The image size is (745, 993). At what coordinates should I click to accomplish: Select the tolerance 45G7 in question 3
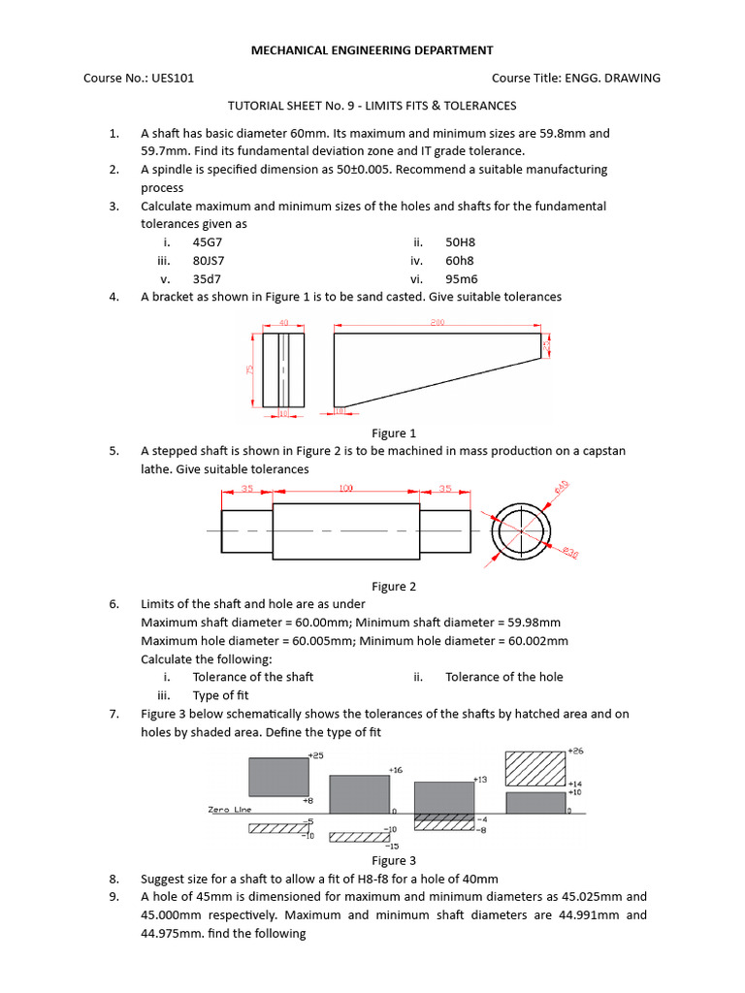[209, 242]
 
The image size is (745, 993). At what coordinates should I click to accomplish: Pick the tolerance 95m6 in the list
[460, 278]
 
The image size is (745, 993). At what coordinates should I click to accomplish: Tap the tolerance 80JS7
[210, 261]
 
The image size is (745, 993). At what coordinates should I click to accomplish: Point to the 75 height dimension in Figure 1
[248, 369]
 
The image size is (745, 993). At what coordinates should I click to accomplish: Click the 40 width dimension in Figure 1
[283, 323]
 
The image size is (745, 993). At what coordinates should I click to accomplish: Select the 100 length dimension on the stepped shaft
[345, 489]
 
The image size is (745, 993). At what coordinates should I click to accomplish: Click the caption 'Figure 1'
[394, 433]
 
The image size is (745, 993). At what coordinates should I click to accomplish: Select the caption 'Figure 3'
[394, 860]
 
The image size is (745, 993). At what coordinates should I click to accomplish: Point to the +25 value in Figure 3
[314, 754]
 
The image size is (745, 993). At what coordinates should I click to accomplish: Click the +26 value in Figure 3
[575, 752]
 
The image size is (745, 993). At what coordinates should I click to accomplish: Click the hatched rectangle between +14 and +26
[535, 767]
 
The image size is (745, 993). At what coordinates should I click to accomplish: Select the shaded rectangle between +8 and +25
[278, 777]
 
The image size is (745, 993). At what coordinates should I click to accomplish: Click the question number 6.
[113, 604]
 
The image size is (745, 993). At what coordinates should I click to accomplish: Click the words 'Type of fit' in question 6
[220, 695]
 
